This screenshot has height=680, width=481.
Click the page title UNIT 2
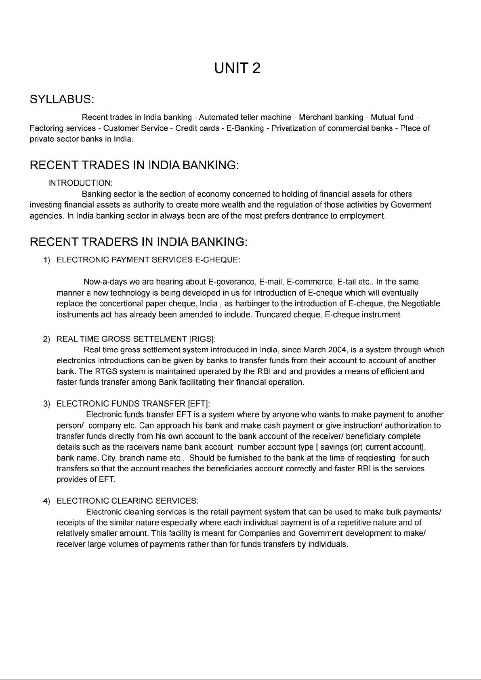(x=237, y=68)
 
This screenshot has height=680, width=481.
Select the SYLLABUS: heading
(x=62, y=99)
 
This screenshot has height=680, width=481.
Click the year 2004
(x=338, y=349)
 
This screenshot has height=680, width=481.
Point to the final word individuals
(x=328, y=545)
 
